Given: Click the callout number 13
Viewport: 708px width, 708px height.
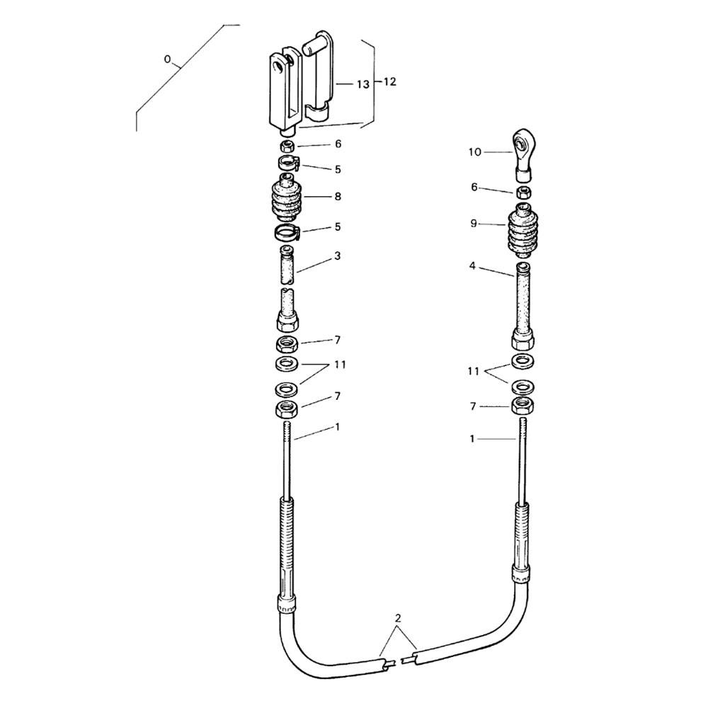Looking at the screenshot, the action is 362,84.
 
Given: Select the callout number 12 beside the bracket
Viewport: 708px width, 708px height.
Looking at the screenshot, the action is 389,81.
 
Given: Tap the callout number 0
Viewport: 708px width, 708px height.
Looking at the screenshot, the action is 167,59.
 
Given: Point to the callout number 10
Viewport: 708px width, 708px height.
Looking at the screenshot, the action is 474,152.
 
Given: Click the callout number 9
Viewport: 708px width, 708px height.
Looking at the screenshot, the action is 473,224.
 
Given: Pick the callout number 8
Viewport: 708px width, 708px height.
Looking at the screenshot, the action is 338,197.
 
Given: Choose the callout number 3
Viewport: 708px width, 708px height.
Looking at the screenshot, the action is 337,256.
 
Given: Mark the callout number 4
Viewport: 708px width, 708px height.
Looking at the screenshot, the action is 472,266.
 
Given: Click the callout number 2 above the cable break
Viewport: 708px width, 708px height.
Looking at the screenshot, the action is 397,618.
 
